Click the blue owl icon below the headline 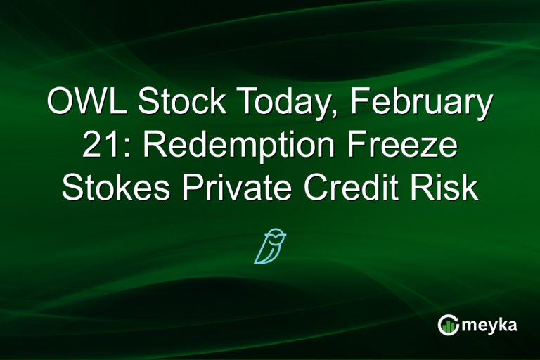click(x=270, y=245)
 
